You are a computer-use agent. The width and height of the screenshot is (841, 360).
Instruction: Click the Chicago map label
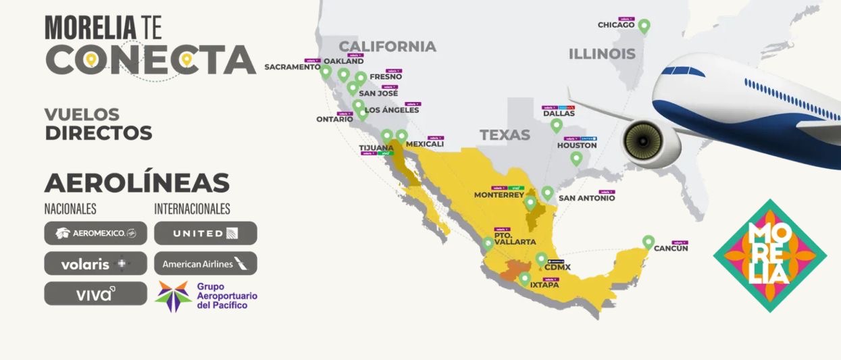point(615,25)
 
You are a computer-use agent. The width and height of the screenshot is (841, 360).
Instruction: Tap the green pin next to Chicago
point(644,26)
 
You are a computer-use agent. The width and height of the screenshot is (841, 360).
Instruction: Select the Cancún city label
point(671,249)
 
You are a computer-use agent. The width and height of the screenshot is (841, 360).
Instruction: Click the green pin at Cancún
point(648,241)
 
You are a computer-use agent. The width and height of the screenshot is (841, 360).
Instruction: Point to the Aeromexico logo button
point(95,233)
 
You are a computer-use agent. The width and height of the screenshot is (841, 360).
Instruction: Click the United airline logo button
point(205,233)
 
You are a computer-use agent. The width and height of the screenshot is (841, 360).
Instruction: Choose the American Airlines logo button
point(205,263)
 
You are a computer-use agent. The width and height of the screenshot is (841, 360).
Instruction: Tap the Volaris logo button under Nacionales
point(95,263)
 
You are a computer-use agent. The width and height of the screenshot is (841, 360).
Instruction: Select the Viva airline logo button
point(95,294)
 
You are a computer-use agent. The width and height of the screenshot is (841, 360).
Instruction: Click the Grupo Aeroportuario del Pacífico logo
point(205,296)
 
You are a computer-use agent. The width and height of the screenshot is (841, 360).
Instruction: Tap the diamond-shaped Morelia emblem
point(769,255)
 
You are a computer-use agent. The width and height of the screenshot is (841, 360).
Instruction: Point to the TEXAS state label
point(505,135)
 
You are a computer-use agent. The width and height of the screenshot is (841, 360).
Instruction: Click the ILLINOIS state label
point(601,54)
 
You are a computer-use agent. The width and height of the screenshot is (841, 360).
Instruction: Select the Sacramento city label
point(292,67)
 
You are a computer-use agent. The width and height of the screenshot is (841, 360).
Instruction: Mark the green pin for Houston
point(576,158)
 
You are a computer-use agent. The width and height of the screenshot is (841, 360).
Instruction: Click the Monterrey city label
point(499,195)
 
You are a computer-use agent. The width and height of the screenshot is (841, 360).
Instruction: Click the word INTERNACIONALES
point(192,209)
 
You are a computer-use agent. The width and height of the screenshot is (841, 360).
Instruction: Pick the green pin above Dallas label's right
point(556,125)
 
